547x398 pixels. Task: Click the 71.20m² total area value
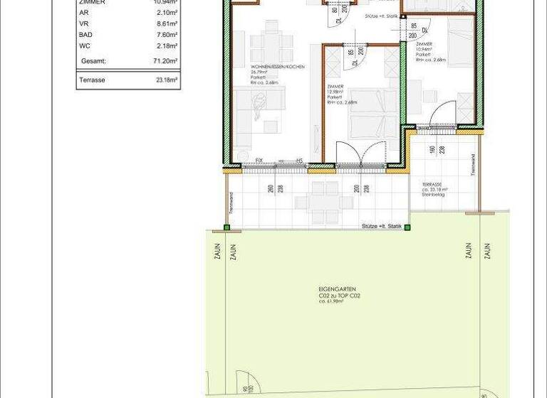pos(164,62)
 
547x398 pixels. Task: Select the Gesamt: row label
pos(93,62)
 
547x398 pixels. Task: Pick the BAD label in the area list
pos(85,34)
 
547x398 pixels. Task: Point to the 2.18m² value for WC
pos(167,45)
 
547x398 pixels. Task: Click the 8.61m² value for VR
pos(167,23)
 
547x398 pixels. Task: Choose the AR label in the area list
pos(83,13)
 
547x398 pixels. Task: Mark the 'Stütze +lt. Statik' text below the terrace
pos(381,226)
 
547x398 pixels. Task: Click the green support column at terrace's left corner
pos(227,228)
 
